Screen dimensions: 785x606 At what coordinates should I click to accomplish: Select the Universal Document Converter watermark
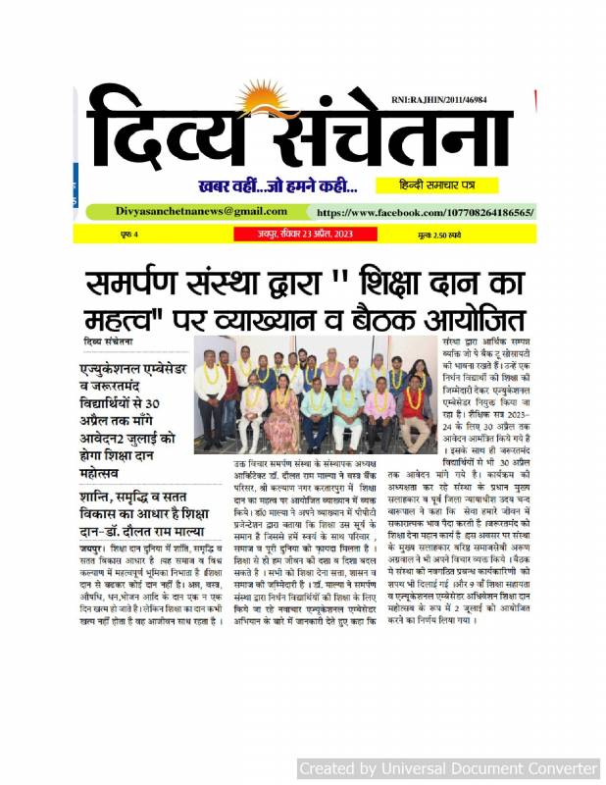447,767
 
